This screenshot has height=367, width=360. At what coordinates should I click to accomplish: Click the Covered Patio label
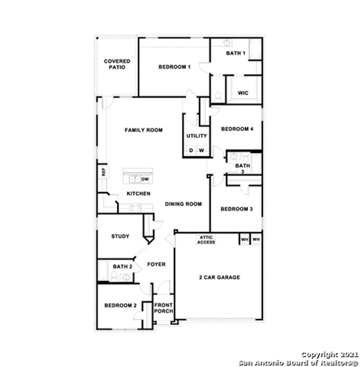[117, 64]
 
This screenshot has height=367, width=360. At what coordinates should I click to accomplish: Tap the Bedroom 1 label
[174, 67]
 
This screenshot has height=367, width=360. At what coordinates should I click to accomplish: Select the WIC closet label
[243, 93]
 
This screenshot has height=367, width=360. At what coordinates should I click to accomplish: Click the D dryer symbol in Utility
[191, 150]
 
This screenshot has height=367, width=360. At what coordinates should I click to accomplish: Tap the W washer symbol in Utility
[201, 150]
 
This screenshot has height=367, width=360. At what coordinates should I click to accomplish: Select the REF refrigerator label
[103, 172]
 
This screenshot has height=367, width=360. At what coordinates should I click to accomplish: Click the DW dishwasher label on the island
[145, 179]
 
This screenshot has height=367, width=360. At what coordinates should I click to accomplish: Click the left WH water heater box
[244, 239]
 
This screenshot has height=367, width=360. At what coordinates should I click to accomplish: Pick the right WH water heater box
[256, 239]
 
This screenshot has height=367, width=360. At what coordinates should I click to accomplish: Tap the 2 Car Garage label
[219, 277]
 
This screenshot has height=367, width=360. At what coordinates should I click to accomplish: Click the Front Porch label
[163, 308]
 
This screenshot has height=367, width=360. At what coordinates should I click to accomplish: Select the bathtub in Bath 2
[103, 271]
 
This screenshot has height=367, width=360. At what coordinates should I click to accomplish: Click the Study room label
[120, 236]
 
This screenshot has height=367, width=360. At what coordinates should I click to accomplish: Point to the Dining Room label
[183, 204]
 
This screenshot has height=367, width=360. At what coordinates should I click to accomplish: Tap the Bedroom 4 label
[237, 129]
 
